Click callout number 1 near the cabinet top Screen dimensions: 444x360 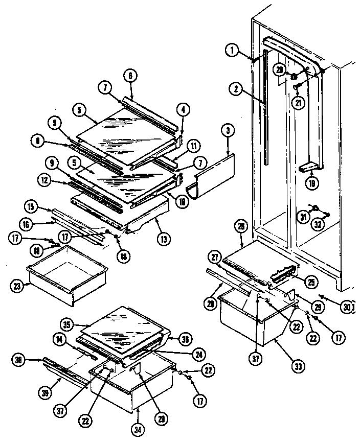point(232,50)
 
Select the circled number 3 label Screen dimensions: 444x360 point(228,130)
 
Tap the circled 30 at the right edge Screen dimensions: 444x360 point(347,308)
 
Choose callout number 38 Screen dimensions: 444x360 point(19,361)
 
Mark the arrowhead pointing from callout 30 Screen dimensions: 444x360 point(320,295)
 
